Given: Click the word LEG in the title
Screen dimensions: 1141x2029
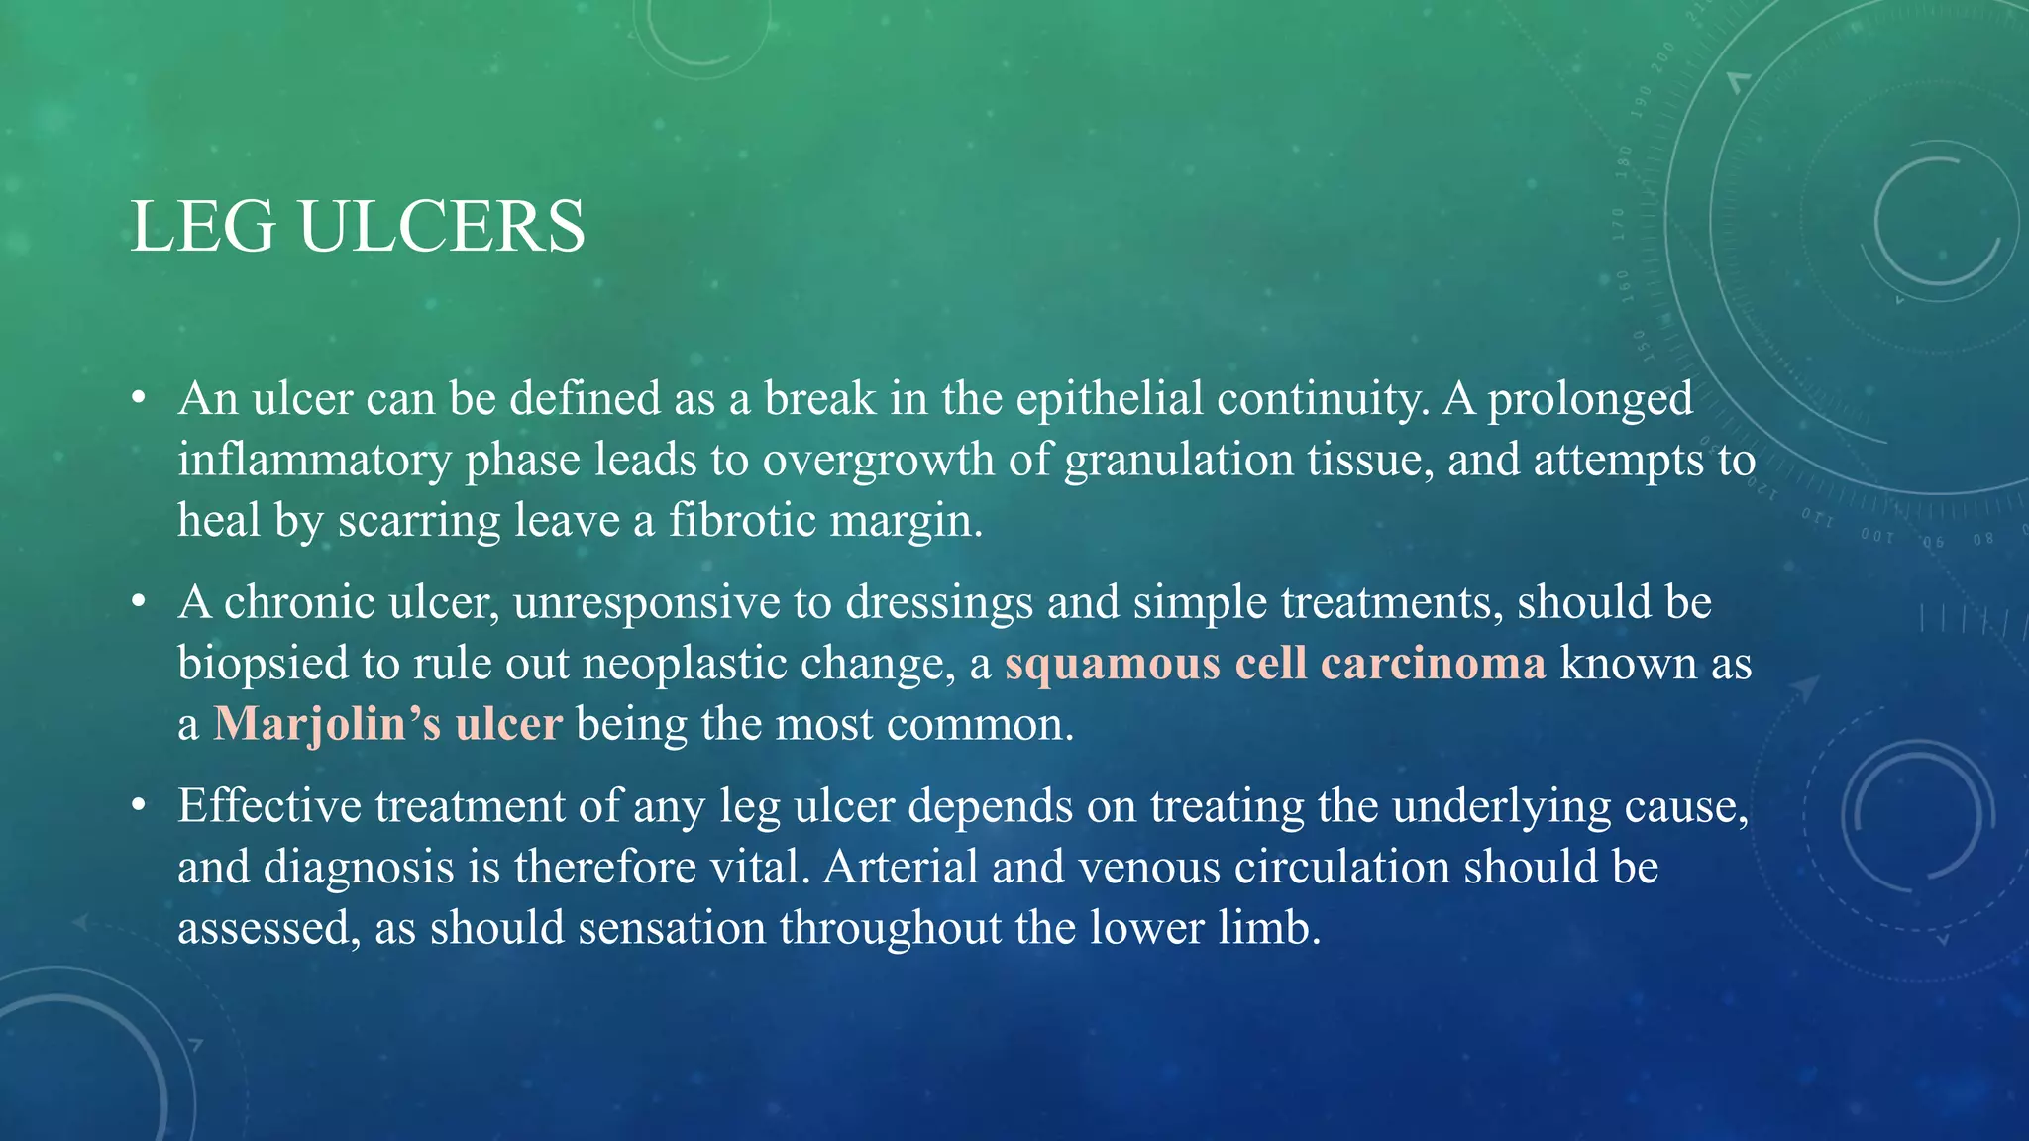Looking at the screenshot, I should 203,228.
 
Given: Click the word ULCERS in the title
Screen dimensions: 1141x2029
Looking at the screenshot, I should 442,228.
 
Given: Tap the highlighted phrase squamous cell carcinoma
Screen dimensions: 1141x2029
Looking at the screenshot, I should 1275,664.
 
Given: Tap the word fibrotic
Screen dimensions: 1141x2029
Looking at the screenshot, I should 742,521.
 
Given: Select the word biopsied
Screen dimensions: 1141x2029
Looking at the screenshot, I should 263,664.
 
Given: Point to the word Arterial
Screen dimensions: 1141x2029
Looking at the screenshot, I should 901,868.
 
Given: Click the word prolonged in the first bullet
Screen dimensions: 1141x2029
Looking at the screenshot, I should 1590,399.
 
